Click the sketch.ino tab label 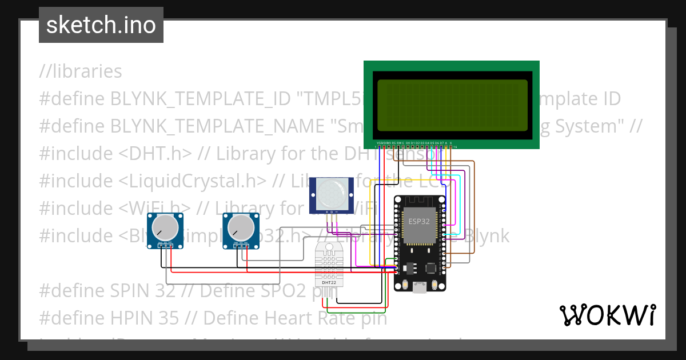(101, 25)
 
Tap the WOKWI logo (607, 315)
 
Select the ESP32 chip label (418, 221)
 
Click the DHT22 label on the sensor (329, 282)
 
